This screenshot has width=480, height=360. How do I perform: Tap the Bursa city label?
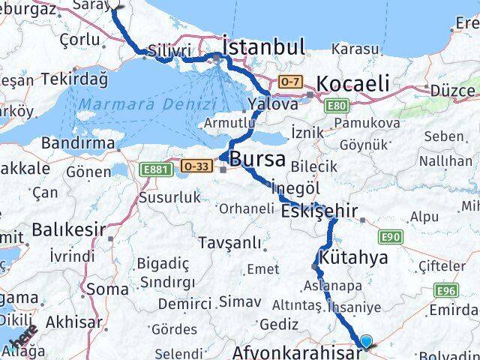click(258, 159)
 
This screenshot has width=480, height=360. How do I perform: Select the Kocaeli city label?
click(352, 83)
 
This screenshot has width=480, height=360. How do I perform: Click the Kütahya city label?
click(353, 258)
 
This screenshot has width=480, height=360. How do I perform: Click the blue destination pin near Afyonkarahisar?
click(366, 342)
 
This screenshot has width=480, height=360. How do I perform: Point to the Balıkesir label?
click(67, 229)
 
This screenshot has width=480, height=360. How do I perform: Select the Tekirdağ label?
click(74, 79)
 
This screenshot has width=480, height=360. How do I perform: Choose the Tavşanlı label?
click(230, 243)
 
